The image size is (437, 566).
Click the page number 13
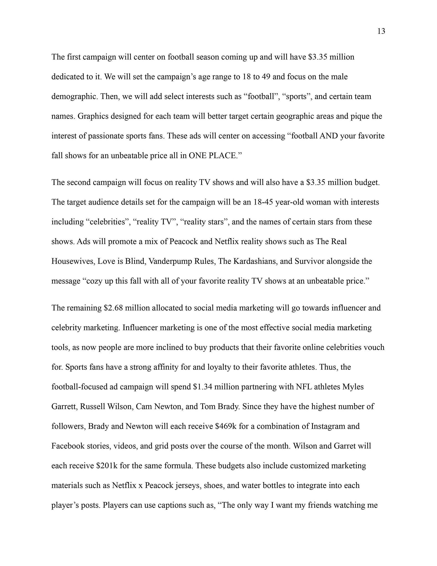click(x=381, y=32)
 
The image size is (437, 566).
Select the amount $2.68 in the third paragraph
click(x=113, y=308)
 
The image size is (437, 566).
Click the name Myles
click(x=353, y=387)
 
